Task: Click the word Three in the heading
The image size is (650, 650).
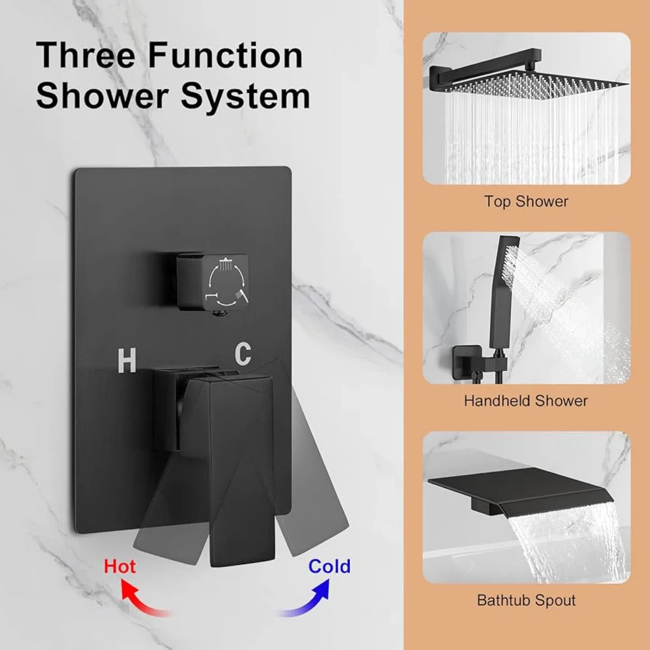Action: (x=85, y=55)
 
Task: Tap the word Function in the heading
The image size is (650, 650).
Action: (x=225, y=55)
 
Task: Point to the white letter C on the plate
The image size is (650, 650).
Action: (x=243, y=354)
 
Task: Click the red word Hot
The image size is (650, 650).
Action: (x=120, y=566)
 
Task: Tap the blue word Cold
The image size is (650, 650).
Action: (x=329, y=566)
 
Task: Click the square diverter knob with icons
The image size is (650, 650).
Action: (x=212, y=282)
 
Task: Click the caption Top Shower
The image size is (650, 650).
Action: (x=526, y=201)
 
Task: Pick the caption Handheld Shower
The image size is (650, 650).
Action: (x=526, y=401)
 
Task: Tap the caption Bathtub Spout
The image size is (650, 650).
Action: (x=526, y=600)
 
